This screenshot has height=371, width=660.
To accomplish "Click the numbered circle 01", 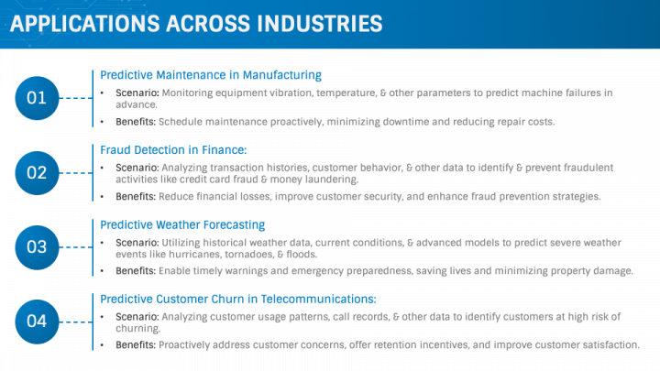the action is tap(37, 98).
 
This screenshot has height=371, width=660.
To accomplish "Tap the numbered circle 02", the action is tap(37, 173).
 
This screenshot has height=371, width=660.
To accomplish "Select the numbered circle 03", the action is tap(37, 247).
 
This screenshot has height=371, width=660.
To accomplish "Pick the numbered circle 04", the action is tap(37, 322).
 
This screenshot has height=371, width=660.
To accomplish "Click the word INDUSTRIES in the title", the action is tap(320, 24).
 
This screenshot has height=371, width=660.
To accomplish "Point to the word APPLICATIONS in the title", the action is tap(84, 24).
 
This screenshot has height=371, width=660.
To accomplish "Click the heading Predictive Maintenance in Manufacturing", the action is tap(211, 75).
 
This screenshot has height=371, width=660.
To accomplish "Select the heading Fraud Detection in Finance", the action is tap(173, 149).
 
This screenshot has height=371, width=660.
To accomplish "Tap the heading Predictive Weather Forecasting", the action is tap(182, 225).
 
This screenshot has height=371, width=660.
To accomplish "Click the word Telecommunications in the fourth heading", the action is tap(318, 299).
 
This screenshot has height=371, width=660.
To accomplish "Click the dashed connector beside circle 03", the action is tap(76, 247).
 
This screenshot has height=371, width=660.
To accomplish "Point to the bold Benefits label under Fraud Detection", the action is tap(136, 196).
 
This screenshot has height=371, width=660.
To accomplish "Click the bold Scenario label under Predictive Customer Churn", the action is tap(137, 317).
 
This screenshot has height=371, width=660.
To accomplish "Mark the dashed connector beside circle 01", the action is tap(76, 98).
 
